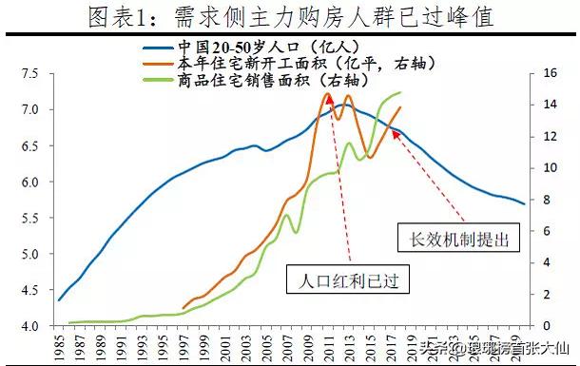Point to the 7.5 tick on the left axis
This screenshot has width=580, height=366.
(29, 73)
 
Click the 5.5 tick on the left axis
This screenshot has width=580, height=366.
(29, 218)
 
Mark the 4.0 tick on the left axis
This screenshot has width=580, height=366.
(29, 326)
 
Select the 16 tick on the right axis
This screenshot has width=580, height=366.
(549, 73)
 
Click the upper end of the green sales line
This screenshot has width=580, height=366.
(400, 92)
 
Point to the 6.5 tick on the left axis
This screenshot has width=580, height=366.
(29, 145)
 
